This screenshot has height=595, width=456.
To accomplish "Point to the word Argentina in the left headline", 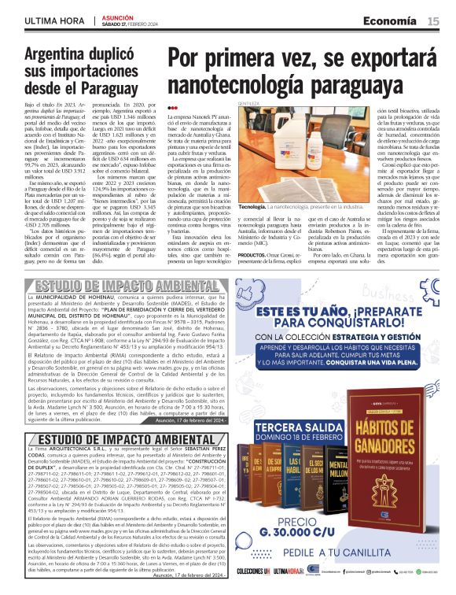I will (65, 55).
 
